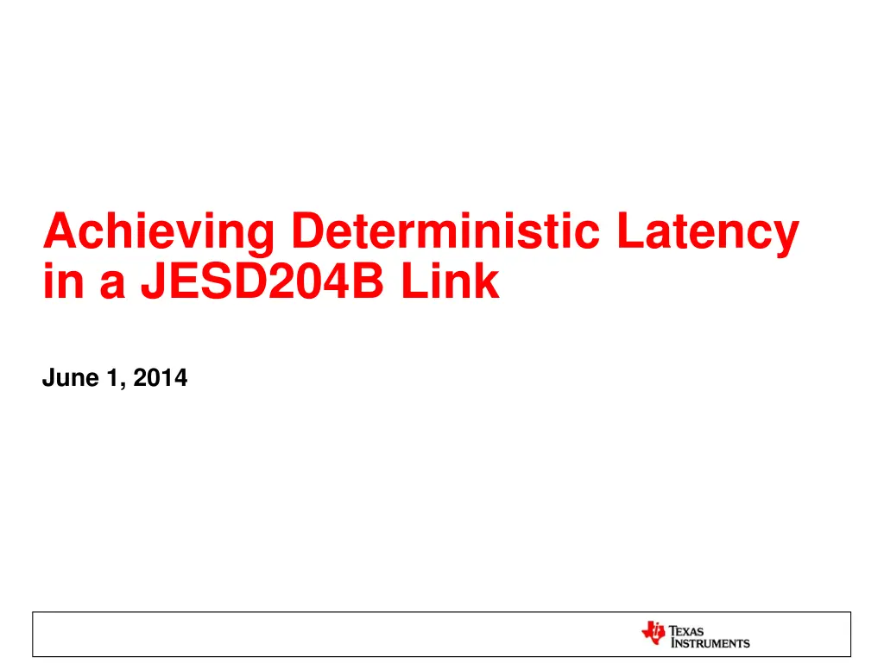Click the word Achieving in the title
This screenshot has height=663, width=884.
tap(159, 233)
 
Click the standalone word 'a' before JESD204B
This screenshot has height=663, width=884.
tap(111, 284)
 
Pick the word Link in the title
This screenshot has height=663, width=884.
tap(458, 281)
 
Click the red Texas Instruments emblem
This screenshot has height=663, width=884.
tap(654, 634)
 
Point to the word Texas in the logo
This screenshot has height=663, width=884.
tap(688, 631)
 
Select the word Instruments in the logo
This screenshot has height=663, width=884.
tap(710, 643)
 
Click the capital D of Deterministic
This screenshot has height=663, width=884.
tap(309, 231)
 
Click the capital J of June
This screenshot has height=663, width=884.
tap(48, 377)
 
